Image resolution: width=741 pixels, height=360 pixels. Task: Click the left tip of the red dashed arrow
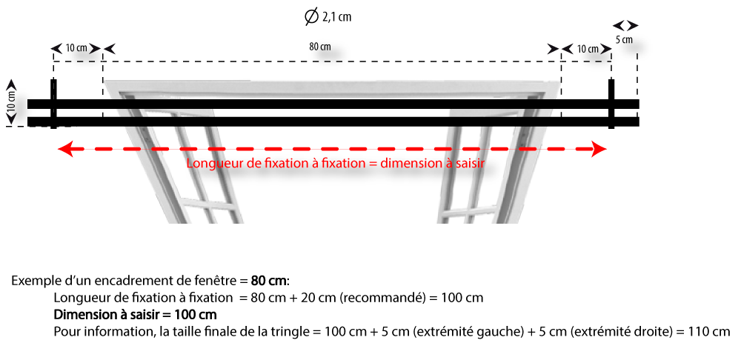58,150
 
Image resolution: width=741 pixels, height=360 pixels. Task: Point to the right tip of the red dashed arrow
606,150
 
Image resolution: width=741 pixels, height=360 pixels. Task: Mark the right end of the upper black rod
639,104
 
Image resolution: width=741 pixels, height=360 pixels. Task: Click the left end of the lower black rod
28,122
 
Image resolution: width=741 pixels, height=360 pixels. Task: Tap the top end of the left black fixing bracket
53,80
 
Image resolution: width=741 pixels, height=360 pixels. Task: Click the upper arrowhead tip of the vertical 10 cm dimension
12,80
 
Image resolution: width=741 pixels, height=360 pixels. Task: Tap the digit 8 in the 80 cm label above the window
312,47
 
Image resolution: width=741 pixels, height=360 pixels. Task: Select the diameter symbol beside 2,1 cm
311,17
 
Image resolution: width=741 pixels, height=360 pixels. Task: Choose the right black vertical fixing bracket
611,104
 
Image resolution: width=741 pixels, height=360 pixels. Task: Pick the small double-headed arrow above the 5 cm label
625,25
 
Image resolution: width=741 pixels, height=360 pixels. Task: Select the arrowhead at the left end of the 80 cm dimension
109,49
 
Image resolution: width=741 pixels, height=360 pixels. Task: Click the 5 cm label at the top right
624,40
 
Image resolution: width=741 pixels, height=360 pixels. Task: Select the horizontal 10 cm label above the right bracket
586,49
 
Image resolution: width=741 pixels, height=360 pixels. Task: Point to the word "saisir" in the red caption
471,164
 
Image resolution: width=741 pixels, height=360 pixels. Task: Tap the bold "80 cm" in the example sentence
268,281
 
